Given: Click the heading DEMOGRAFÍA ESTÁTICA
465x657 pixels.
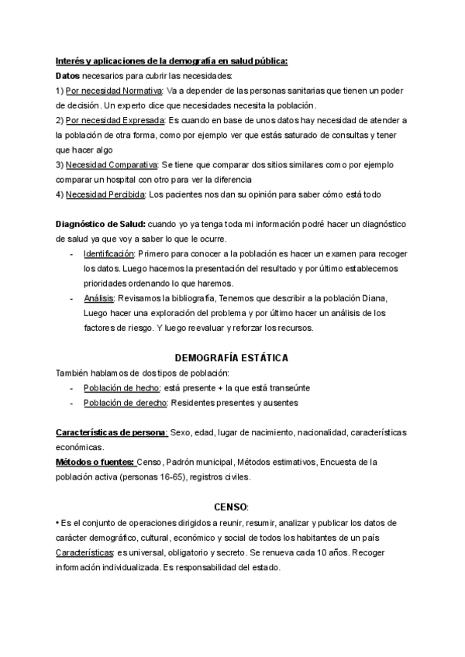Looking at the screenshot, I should tap(232, 358).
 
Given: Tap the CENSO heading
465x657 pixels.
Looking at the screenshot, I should tap(231, 507).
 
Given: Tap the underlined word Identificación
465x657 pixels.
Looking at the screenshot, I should tap(108, 254).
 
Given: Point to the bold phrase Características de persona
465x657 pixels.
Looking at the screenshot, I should tap(112, 432).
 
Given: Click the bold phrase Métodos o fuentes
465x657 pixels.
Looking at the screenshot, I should tap(95, 463).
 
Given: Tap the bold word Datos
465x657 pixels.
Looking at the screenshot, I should tap(68, 75).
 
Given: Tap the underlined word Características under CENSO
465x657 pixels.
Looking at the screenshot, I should tap(84, 552).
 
